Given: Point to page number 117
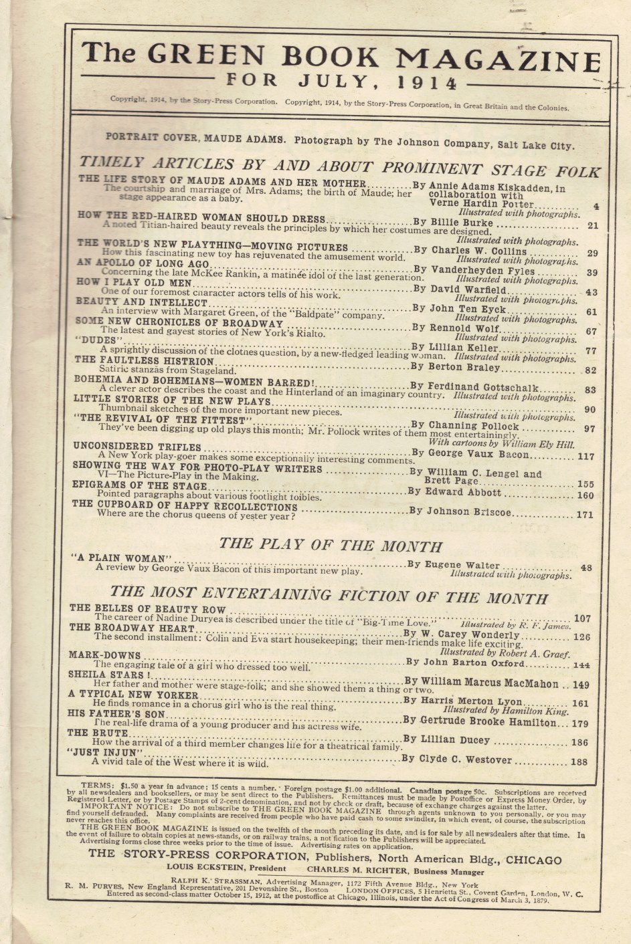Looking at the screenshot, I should pos(585,456).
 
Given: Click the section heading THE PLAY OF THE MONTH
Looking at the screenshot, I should pos(331,545).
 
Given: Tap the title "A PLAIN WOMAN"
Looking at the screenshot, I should pos(122,558).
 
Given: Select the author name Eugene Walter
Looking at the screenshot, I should pos(462,565).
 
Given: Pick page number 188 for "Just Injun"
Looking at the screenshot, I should pos(579,761).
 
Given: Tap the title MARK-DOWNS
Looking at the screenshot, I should pos(105,655).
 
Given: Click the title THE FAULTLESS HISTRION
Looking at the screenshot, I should pos(146,361).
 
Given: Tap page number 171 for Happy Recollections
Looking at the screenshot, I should pos(585,515).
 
